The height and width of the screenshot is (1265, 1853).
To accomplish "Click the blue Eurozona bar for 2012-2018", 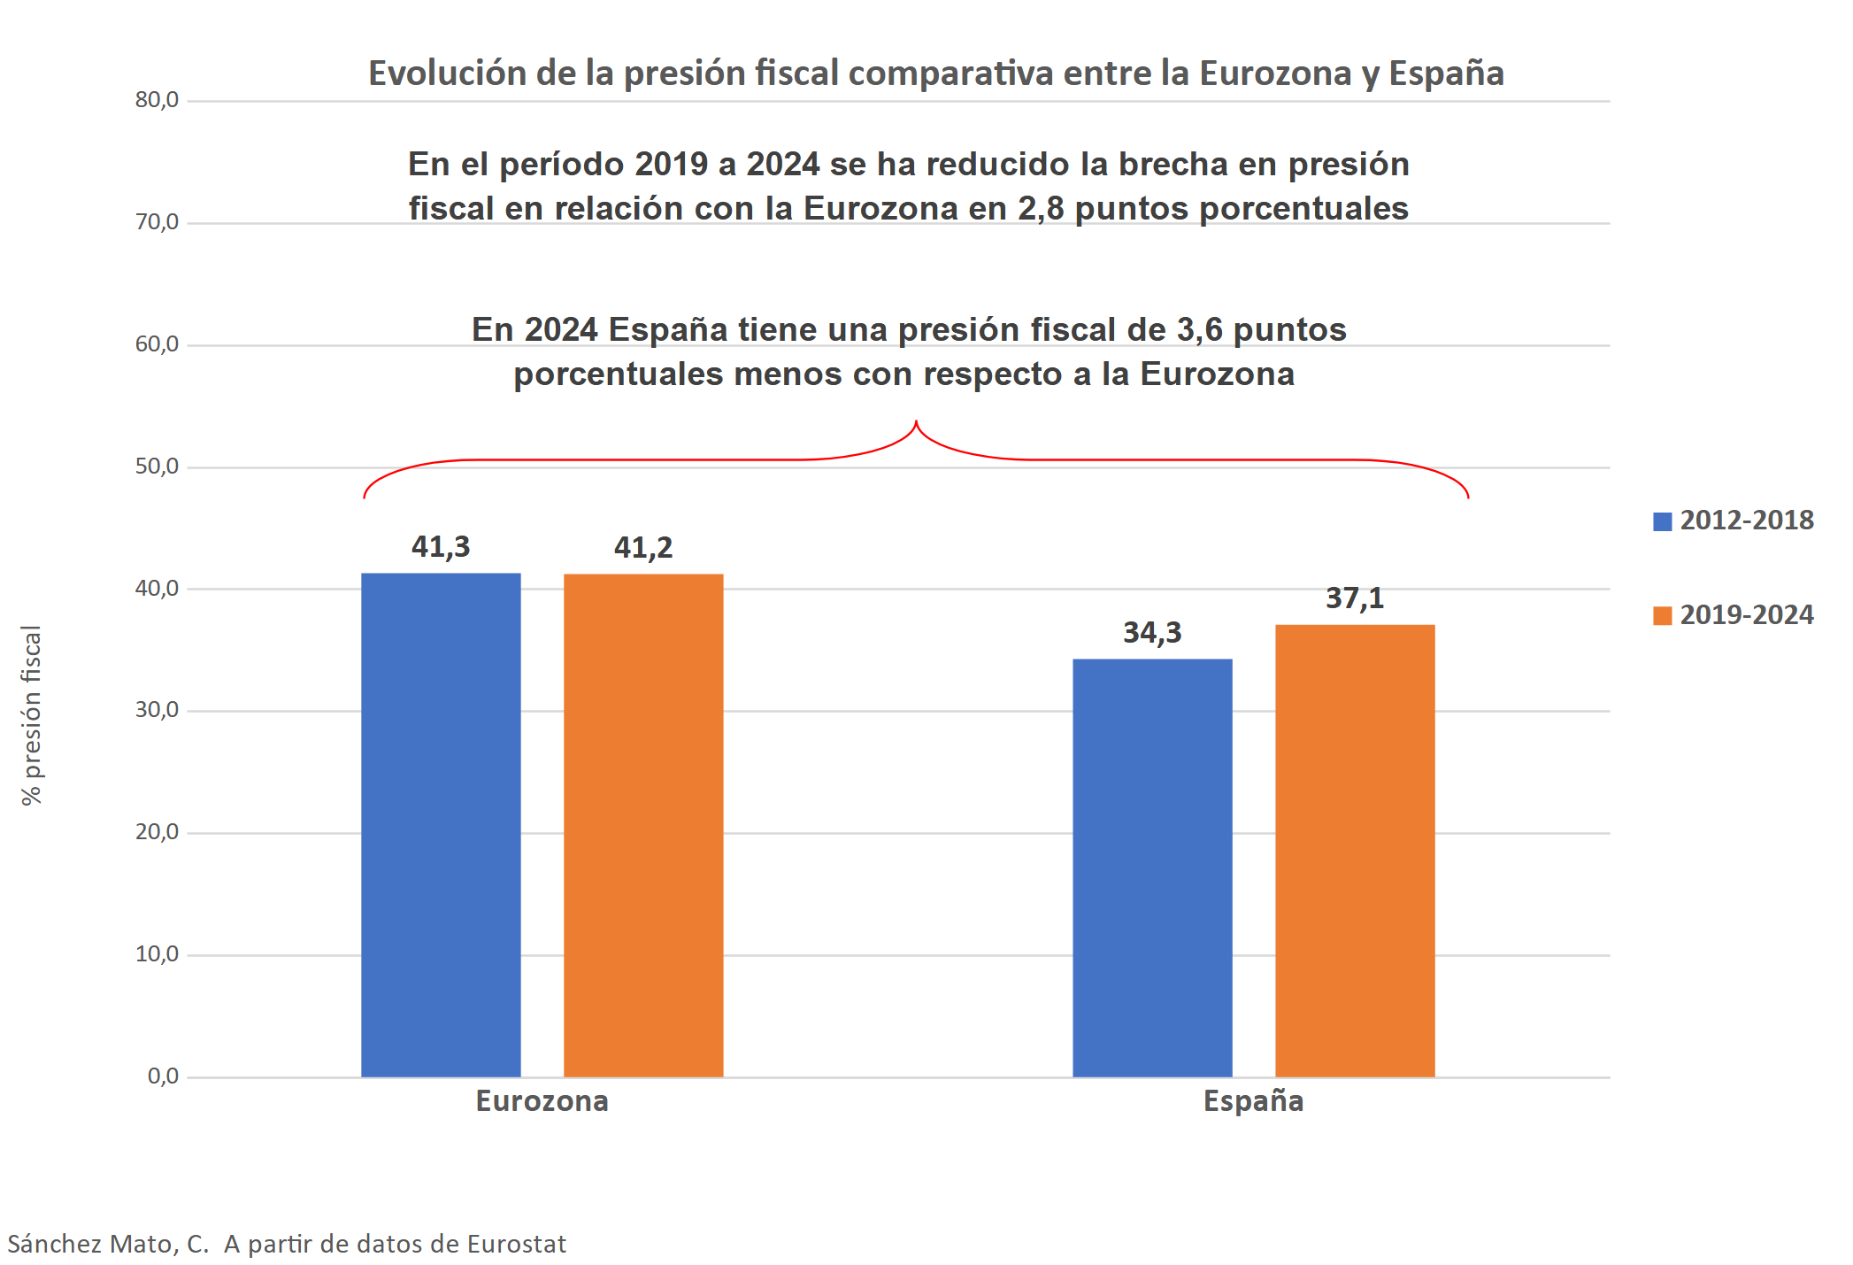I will click(x=441, y=824).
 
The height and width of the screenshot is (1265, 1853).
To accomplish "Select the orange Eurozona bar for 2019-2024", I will click(x=643, y=824).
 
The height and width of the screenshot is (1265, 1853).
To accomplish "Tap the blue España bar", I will click(x=1152, y=868).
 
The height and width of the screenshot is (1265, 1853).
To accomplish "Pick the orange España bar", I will click(x=1355, y=850).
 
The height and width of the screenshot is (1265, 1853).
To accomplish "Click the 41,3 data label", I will click(x=441, y=547).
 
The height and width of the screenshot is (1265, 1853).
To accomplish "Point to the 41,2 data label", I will click(x=643, y=548).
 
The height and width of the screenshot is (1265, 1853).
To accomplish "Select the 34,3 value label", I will click(x=1152, y=633).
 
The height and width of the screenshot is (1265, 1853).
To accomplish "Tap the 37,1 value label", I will click(x=1355, y=598).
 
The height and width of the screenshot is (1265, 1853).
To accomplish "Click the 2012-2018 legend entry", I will click(x=1734, y=521).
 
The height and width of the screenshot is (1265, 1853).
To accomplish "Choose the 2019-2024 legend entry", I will click(x=1734, y=615).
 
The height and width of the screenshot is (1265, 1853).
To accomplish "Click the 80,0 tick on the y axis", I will click(x=157, y=100).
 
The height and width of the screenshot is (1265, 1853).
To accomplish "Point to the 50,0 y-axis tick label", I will click(x=157, y=467).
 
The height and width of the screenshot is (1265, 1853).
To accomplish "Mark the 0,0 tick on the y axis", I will click(x=163, y=1076).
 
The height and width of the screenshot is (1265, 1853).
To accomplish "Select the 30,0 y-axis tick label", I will click(x=157, y=710).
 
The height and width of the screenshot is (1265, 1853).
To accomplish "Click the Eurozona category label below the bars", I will click(x=542, y=1101).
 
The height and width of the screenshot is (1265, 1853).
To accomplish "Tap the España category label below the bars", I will click(x=1253, y=1101).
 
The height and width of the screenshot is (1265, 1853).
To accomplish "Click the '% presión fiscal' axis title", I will click(x=32, y=715).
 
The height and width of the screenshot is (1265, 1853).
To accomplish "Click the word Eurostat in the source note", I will click(x=516, y=1245).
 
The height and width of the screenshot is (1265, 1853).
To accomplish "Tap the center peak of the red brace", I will click(x=916, y=423).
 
